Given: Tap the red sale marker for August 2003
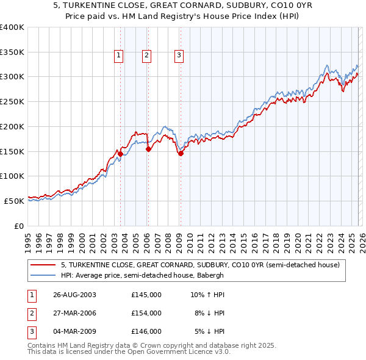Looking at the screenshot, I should point(121,154).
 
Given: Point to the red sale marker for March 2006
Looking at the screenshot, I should point(148,149).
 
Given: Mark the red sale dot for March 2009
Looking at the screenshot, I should point(181,153).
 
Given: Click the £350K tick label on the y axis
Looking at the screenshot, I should point(12,52).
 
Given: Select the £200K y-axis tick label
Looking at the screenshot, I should point(12,126).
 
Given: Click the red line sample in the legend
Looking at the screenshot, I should point(43,265).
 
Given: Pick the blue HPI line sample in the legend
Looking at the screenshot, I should point(43,275).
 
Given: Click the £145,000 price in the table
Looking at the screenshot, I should point(146,294).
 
